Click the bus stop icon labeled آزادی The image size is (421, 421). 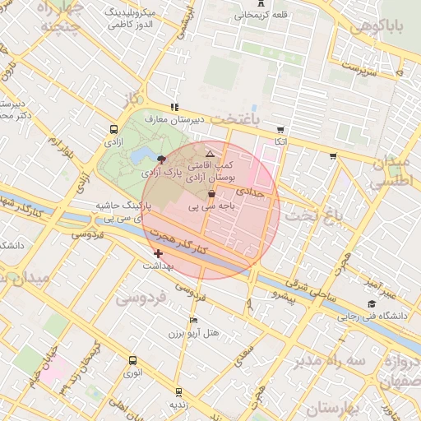coord(113,129)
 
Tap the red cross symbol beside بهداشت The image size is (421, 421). coord(159,254)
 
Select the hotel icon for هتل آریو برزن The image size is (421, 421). coord(193,320)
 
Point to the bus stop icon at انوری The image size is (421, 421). coord(133,360)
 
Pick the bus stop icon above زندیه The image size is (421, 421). coord(174,393)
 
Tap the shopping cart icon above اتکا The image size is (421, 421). coord(280,129)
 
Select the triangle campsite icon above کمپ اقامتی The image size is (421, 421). coord(210,154)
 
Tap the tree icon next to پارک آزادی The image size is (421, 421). coord(160,160)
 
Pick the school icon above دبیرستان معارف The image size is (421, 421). coord(173,107)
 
